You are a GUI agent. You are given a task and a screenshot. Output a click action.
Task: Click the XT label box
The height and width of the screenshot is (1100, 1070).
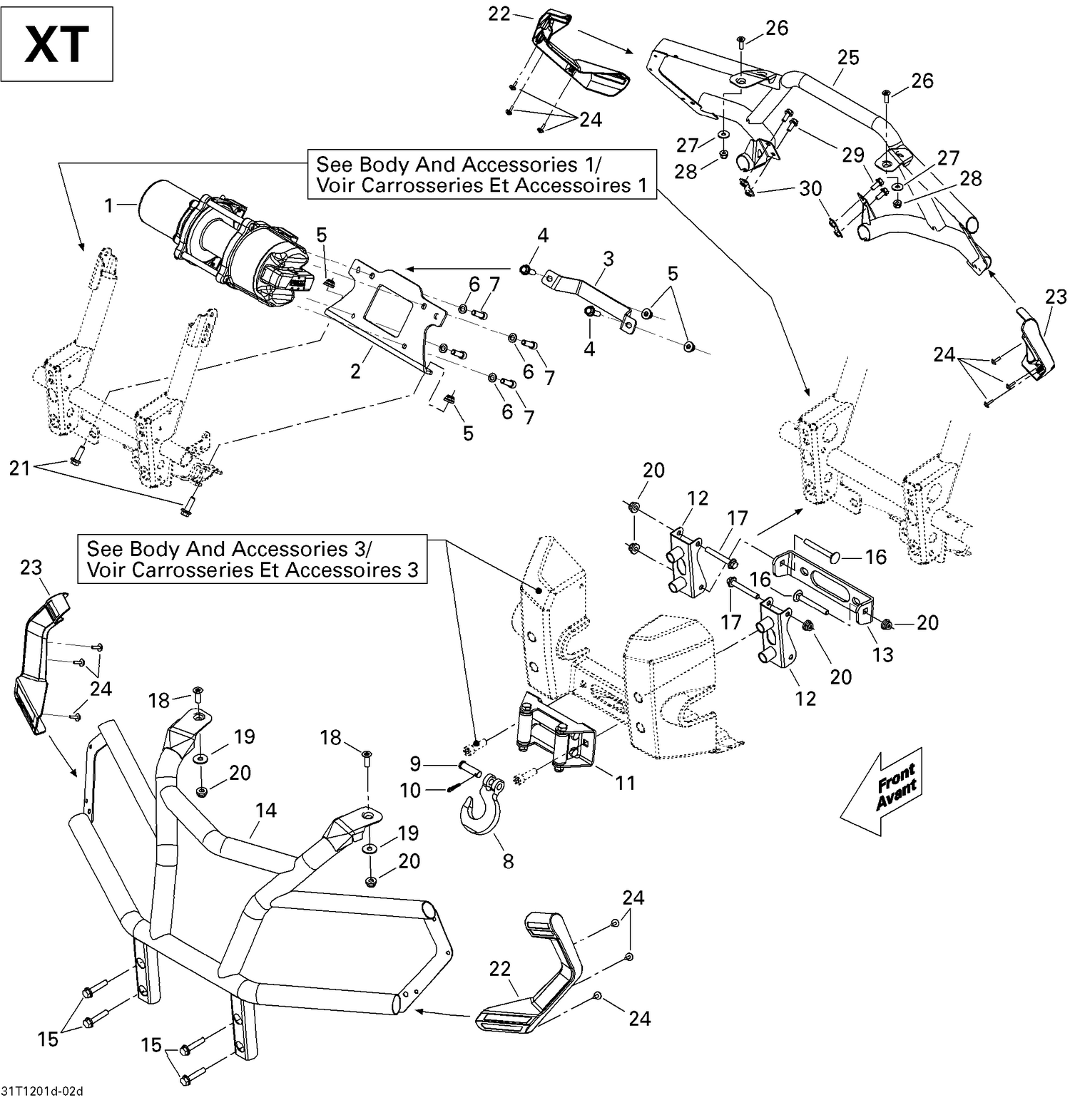56,44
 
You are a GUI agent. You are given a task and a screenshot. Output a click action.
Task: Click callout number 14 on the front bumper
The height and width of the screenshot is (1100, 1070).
265,810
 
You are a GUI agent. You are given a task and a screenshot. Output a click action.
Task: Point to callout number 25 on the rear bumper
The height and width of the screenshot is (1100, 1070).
847,58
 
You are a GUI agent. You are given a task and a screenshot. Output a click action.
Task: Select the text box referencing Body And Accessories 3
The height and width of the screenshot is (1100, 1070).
252,560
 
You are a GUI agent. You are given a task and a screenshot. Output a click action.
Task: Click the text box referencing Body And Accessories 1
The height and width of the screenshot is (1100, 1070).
481,175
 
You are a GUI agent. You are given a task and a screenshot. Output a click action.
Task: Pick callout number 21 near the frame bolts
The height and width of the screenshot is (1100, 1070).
19,468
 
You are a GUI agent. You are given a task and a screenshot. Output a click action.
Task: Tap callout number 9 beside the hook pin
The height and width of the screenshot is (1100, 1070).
416,764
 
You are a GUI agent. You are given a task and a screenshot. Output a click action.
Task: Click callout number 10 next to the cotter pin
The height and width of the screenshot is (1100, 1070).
411,790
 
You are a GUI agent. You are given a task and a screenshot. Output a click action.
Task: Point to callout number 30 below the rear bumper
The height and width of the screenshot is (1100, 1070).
810,188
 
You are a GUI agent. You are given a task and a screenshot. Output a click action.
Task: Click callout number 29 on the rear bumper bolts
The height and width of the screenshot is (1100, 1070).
853,155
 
